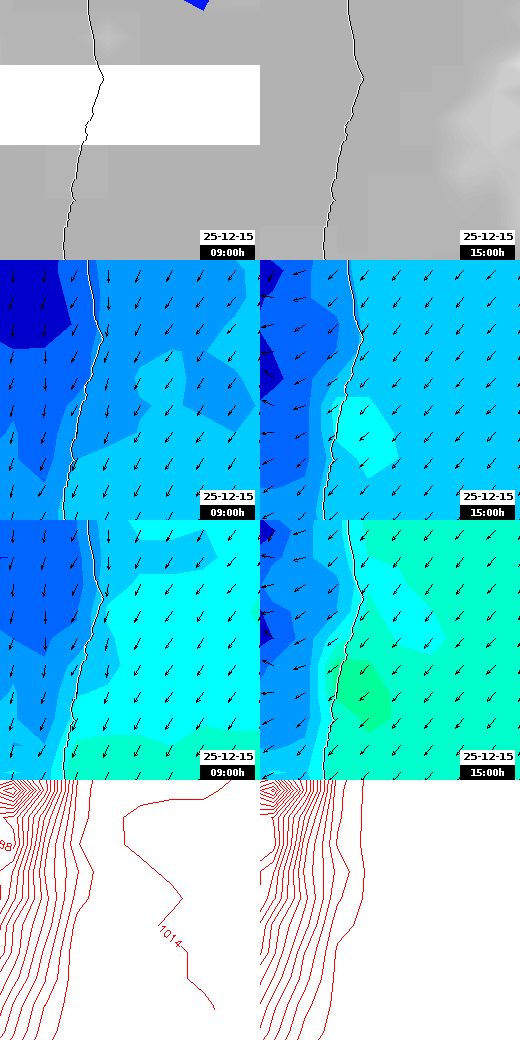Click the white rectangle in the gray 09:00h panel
(130, 105)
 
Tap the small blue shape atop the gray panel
(198, 4)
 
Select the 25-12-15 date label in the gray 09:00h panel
(228, 237)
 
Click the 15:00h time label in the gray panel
(487, 252)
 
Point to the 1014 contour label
(171, 937)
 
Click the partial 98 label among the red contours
(6, 846)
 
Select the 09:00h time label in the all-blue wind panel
(228, 512)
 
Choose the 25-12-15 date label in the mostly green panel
(488, 757)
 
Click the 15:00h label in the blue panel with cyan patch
(487, 512)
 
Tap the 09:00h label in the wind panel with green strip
(228, 772)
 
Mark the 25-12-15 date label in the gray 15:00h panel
(488, 237)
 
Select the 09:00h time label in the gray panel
(228, 252)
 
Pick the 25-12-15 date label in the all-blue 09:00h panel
(228, 497)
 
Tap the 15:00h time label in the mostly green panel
(487, 772)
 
